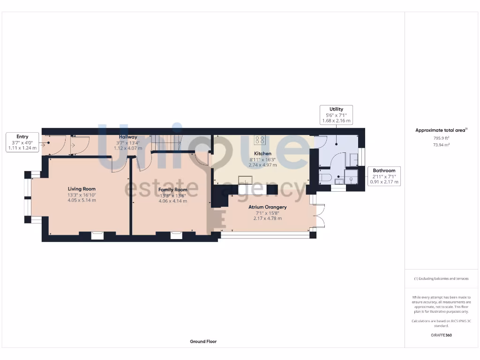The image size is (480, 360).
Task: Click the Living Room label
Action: point(82,189)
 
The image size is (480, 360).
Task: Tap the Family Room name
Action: point(172,190)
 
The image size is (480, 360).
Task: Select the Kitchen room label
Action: point(262,153)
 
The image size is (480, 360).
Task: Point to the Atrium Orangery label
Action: point(268,207)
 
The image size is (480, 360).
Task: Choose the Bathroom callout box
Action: point(384,176)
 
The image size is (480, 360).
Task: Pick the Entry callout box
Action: point(22,142)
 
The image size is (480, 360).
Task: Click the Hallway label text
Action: point(128,137)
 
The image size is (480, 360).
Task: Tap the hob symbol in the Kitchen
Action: point(260,139)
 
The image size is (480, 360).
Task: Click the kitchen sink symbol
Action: point(246,180)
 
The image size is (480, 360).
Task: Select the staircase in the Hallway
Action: point(166,142)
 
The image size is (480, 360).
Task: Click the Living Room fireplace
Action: point(97,235)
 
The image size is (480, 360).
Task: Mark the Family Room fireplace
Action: point(176,235)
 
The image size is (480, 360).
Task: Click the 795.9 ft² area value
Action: point(441,138)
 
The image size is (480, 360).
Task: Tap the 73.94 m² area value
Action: point(441,145)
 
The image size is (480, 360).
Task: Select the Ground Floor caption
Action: point(203,342)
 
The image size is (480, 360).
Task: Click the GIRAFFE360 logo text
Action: point(441,335)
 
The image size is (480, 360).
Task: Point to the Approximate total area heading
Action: point(441,130)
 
